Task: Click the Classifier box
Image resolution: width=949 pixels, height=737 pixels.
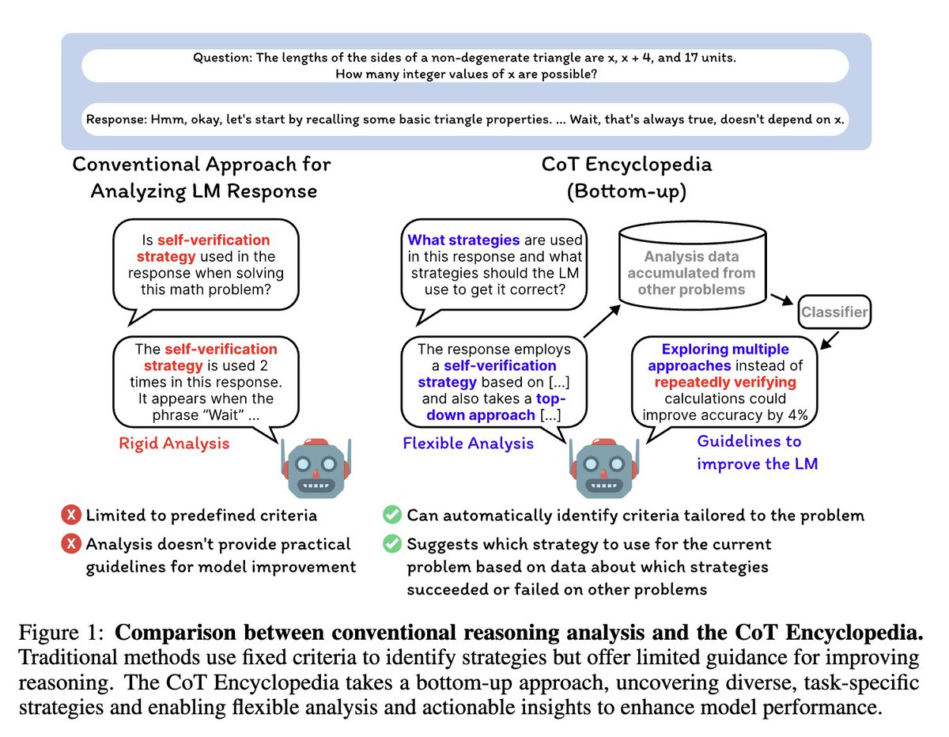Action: point(834,312)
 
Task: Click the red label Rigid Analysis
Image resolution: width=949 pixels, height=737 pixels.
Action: point(174,443)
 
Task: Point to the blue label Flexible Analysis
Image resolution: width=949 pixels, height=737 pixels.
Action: point(468,443)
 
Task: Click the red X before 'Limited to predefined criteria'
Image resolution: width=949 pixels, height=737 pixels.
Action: point(70,516)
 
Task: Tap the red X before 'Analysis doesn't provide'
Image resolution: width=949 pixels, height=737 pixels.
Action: point(70,544)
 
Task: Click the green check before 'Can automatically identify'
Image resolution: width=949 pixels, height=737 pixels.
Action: point(391,516)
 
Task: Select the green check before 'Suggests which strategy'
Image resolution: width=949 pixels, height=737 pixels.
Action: point(391,544)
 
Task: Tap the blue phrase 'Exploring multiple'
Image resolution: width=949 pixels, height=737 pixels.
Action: point(725,349)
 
